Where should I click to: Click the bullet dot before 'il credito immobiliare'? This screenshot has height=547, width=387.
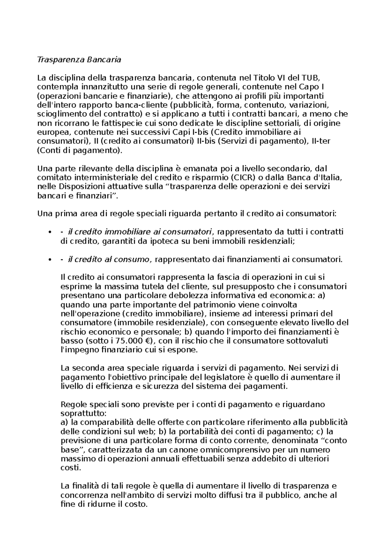pos(49,233)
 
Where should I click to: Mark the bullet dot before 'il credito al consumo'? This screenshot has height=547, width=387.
pos(49,260)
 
